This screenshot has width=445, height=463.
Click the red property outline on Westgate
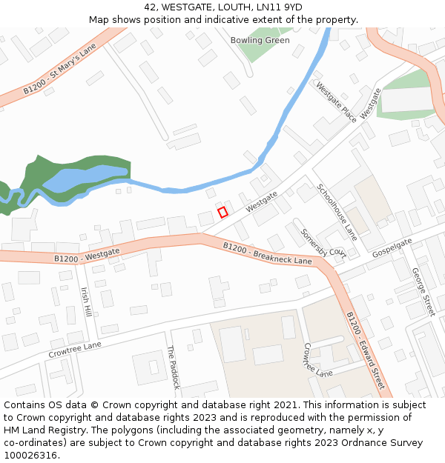pos(222,213)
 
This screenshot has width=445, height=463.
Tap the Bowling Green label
pos(260,40)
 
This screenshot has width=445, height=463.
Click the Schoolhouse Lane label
pos(337,213)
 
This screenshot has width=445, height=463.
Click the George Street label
pos(423,292)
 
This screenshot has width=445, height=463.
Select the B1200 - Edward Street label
pos(365,350)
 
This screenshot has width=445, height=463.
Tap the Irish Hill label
pos(86,302)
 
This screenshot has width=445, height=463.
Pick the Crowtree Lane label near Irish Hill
pos(74,350)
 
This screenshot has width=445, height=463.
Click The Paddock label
pos(172,367)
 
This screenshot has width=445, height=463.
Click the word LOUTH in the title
pos(225,7)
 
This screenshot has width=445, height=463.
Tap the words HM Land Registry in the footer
pos(39,430)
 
